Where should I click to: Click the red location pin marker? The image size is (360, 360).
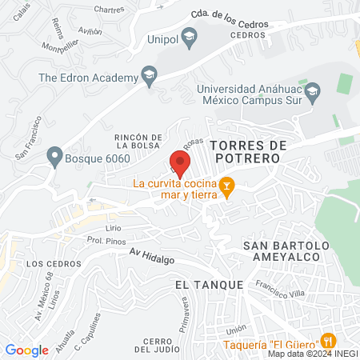coord(178,163)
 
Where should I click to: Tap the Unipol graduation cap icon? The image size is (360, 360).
coord(189,35)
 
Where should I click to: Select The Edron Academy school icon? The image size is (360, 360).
coord(149,78)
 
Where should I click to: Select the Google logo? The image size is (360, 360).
coord(26,350)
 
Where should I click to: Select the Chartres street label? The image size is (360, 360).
coord(87,10)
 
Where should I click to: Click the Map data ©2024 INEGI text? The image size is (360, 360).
coord(313,353)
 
